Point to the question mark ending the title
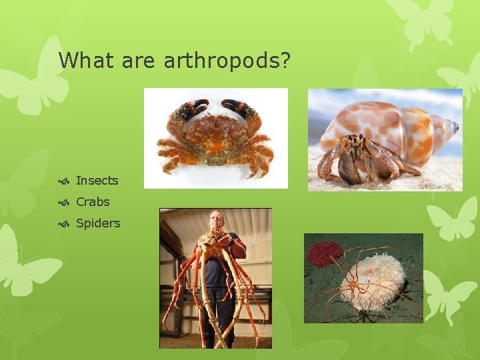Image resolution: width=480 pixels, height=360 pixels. pos(285,61)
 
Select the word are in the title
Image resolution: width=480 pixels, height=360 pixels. pos(139,61)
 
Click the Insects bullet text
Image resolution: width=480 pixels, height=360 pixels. pos(97,181)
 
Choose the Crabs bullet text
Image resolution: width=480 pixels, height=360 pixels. pos(93,202)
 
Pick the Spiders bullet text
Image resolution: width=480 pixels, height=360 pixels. pos(98,223)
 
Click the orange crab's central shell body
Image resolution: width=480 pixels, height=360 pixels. pos(215,133)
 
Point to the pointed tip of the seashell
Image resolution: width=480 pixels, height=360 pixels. pos(455,126)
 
